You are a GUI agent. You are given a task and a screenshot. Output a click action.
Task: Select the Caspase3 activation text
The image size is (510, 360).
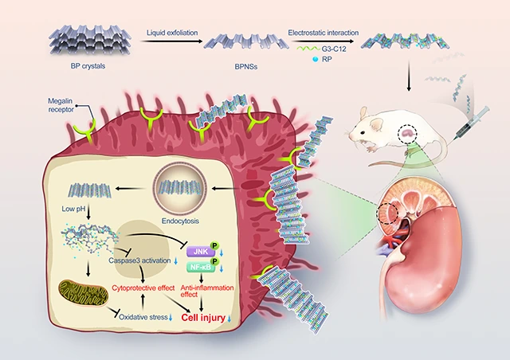point(139,260)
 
